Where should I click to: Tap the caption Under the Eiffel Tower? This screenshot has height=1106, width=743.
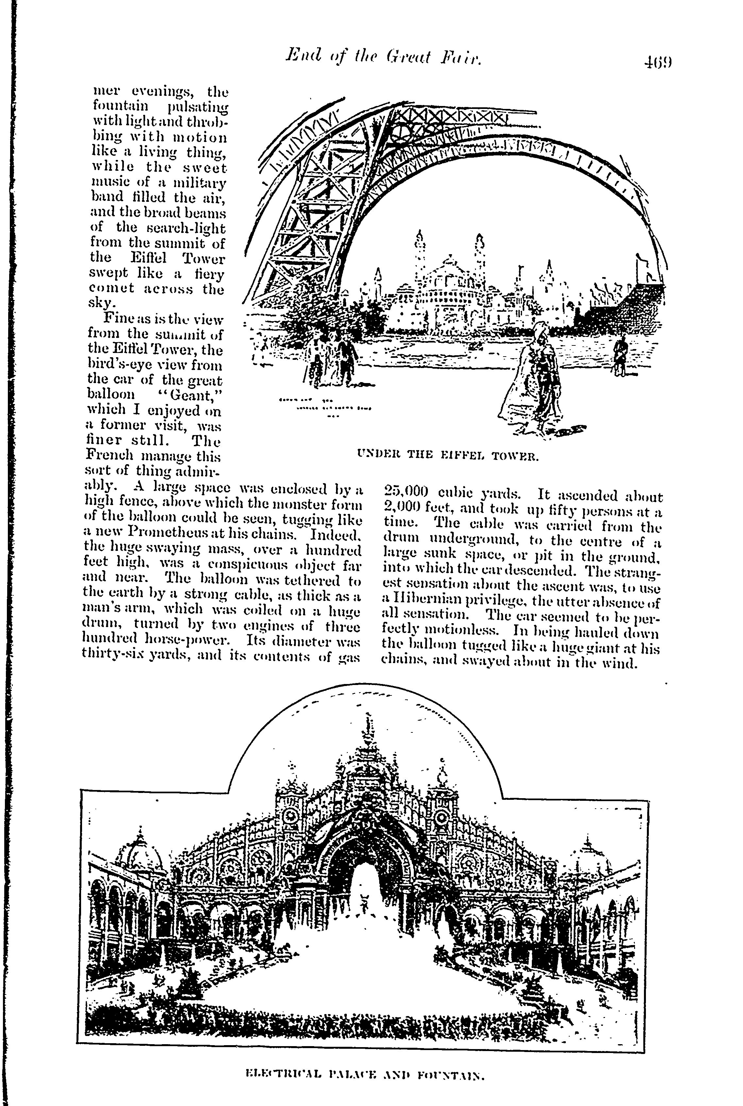(447, 457)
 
